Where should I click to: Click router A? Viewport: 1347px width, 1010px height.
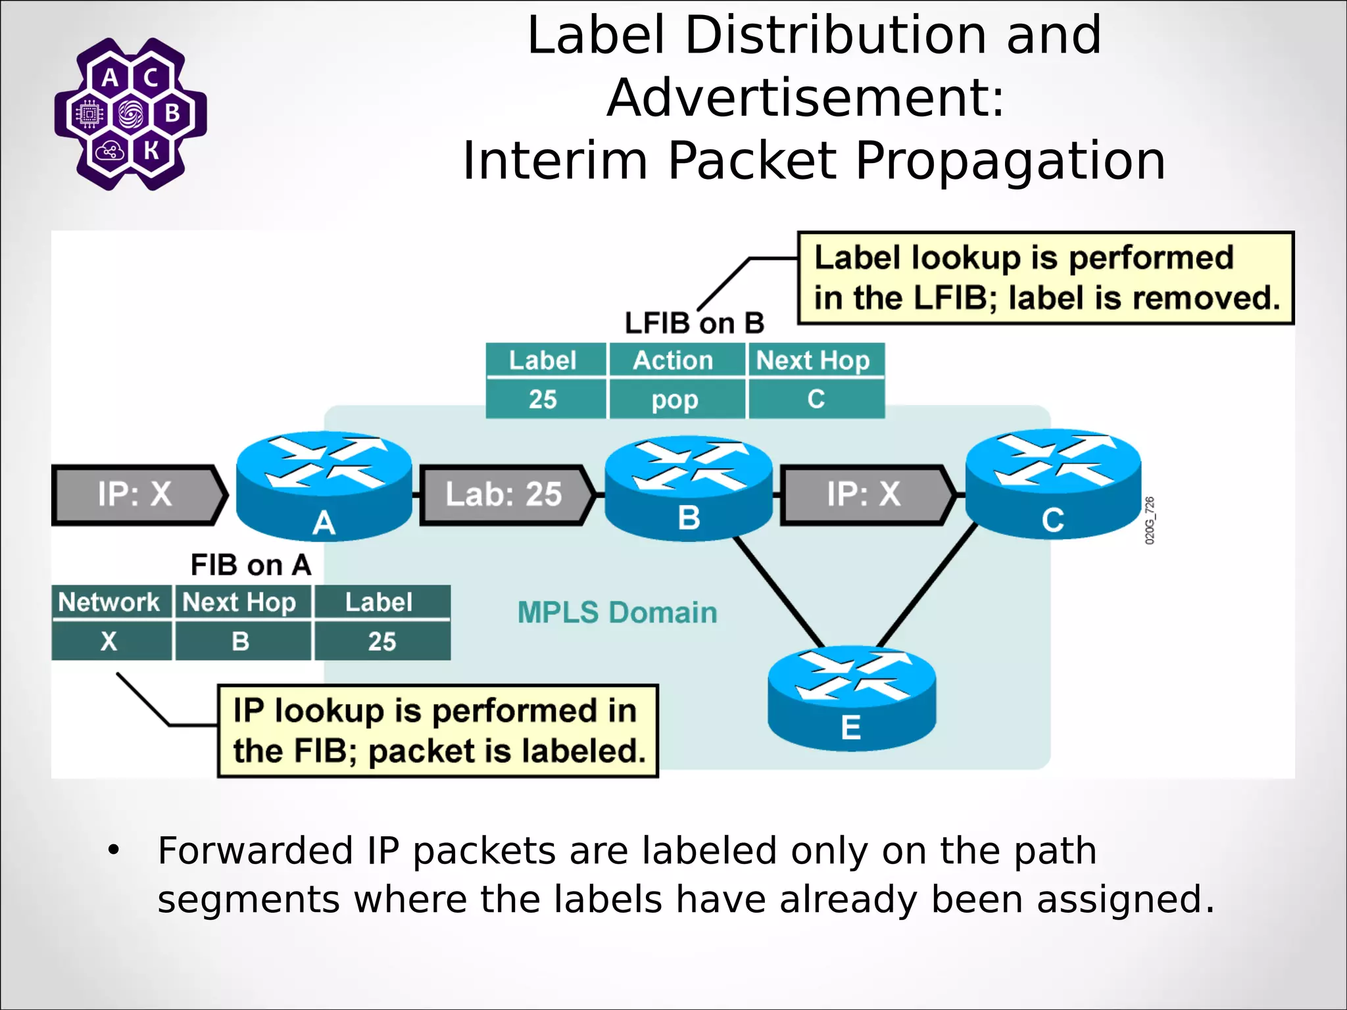tap(324, 486)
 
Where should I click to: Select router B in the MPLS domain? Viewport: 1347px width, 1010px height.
tap(688, 488)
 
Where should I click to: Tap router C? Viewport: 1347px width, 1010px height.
tap(1052, 485)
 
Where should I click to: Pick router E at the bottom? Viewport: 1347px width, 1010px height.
tap(851, 698)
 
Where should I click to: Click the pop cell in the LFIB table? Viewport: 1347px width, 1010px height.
tap(675, 400)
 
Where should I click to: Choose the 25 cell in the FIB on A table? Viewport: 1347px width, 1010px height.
tap(382, 641)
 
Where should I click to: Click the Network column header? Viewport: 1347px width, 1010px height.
tap(110, 602)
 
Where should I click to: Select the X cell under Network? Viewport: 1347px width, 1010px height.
tap(110, 641)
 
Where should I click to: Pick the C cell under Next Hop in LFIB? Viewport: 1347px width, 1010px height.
tap(816, 400)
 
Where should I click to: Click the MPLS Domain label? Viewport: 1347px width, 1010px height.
tap(617, 613)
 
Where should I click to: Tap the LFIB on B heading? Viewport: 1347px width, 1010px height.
tap(694, 324)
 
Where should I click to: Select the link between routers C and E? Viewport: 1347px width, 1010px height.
tap(927, 585)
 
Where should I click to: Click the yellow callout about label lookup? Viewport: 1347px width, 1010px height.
tap(1045, 278)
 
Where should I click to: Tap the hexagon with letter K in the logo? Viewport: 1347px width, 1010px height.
tap(151, 151)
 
